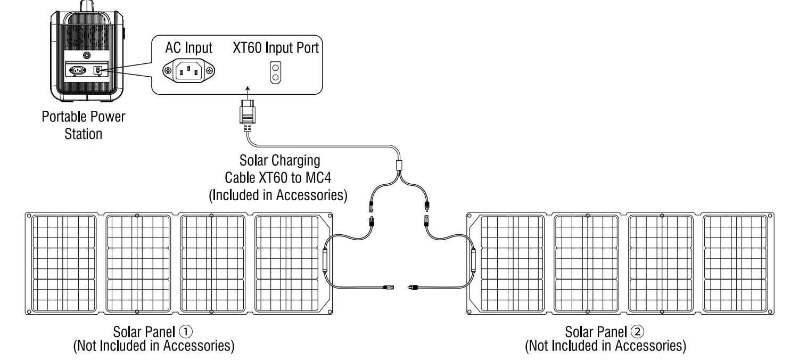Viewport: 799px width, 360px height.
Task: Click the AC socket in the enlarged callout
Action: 188,70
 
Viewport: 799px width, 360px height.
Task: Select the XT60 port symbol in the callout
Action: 275,73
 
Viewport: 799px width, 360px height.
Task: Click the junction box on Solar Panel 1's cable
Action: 325,264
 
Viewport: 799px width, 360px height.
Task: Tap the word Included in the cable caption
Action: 244,195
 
